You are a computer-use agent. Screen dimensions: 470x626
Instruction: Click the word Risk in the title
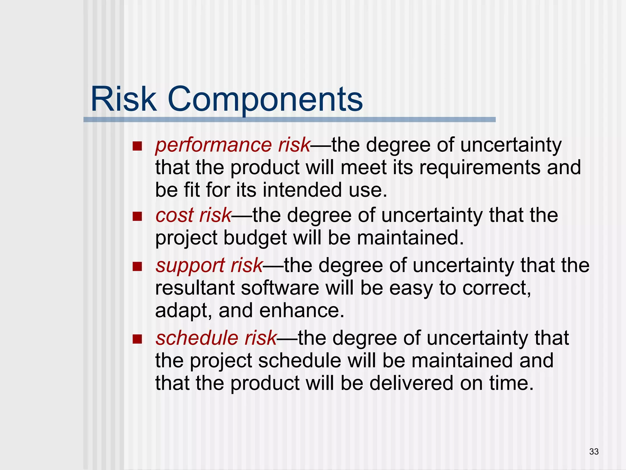(123, 99)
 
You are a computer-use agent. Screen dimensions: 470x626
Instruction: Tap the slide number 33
(594, 451)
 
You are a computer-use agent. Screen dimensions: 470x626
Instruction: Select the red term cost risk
(193, 215)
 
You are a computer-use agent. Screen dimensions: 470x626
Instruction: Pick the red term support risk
(209, 265)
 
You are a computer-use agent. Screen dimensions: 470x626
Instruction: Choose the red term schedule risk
(216, 338)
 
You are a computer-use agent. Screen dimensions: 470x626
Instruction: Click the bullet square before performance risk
(137, 146)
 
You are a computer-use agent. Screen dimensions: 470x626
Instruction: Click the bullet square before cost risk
(137, 216)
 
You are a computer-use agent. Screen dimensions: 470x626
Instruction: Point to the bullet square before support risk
(137, 267)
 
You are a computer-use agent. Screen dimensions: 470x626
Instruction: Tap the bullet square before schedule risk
(137, 339)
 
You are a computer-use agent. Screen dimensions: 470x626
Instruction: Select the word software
(280, 288)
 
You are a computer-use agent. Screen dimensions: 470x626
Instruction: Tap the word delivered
(411, 383)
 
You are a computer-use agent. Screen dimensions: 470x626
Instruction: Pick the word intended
(302, 190)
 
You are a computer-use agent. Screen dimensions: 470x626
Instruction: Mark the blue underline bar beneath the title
(289, 120)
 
